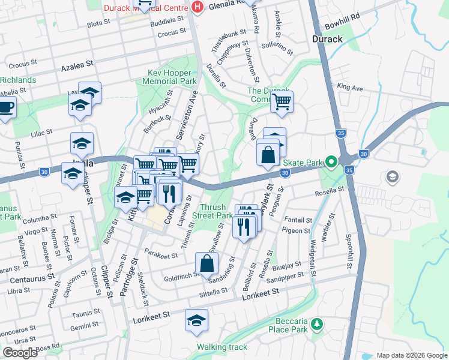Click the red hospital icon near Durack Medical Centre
click(197, 7)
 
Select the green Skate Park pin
click(330, 161)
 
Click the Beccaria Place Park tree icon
click(316, 325)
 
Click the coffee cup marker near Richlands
click(6, 107)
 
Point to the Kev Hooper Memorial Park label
click(172, 76)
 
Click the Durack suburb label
click(327, 39)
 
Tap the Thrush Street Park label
click(215, 211)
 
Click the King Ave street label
click(350, 88)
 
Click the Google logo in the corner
click(20, 353)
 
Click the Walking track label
click(221, 347)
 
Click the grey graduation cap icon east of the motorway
click(392, 176)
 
